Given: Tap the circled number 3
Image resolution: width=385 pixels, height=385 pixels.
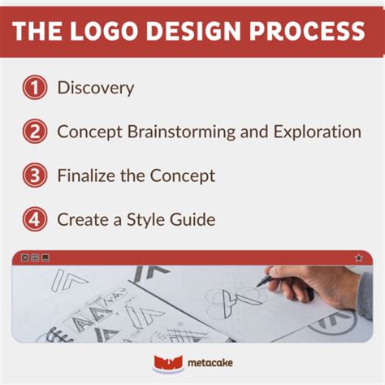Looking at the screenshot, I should tap(34, 175).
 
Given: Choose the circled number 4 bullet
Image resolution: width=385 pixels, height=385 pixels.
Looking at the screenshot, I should tap(34, 219).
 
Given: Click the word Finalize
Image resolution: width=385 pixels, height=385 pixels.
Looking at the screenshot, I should tap(89, 175).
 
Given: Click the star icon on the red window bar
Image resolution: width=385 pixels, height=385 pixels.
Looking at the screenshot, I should tap(358, 257).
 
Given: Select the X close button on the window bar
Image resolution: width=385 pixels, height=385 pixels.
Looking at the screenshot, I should tap(24, 257).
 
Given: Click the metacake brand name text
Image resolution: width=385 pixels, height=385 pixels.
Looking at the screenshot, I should tap(208, 365).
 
